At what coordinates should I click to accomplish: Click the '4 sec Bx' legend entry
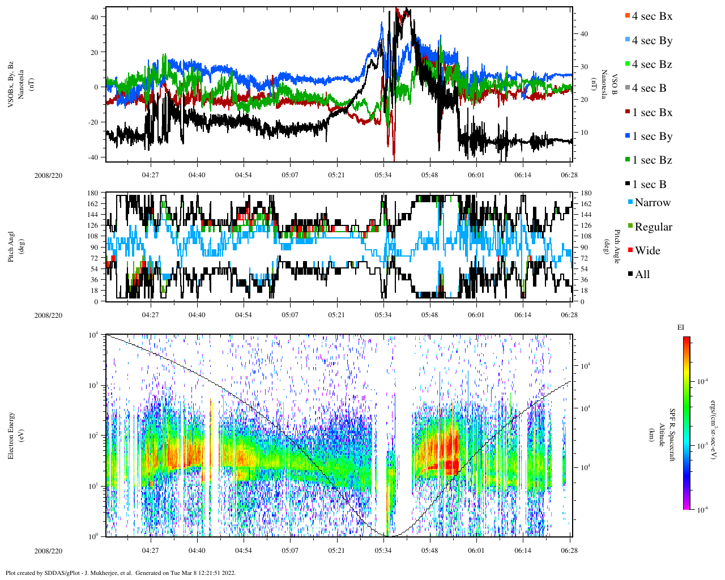pos(651,16)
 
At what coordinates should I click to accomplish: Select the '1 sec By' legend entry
pos(651,137)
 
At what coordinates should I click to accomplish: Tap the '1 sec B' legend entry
pos(649,185)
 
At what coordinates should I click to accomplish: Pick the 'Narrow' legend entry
pos(652,203)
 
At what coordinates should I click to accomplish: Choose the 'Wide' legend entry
pos(647,251)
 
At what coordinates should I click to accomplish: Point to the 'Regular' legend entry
pos(652,227)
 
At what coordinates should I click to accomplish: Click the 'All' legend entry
pos(642,275)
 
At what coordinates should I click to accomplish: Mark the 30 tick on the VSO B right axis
pos(583,67)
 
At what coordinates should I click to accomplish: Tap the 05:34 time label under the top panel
pos(383,176)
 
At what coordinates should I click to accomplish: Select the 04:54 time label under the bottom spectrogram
pos(244,551)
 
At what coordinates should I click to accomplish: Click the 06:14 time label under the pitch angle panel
pos(523,315)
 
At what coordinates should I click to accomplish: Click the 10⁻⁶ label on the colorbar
pos(702,510)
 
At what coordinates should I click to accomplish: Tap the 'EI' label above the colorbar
pos(681,327)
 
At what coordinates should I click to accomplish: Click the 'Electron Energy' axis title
pos(11,435)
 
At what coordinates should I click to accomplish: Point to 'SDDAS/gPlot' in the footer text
pos(63,573)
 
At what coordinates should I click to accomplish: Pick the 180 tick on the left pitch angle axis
pos(93,193)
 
